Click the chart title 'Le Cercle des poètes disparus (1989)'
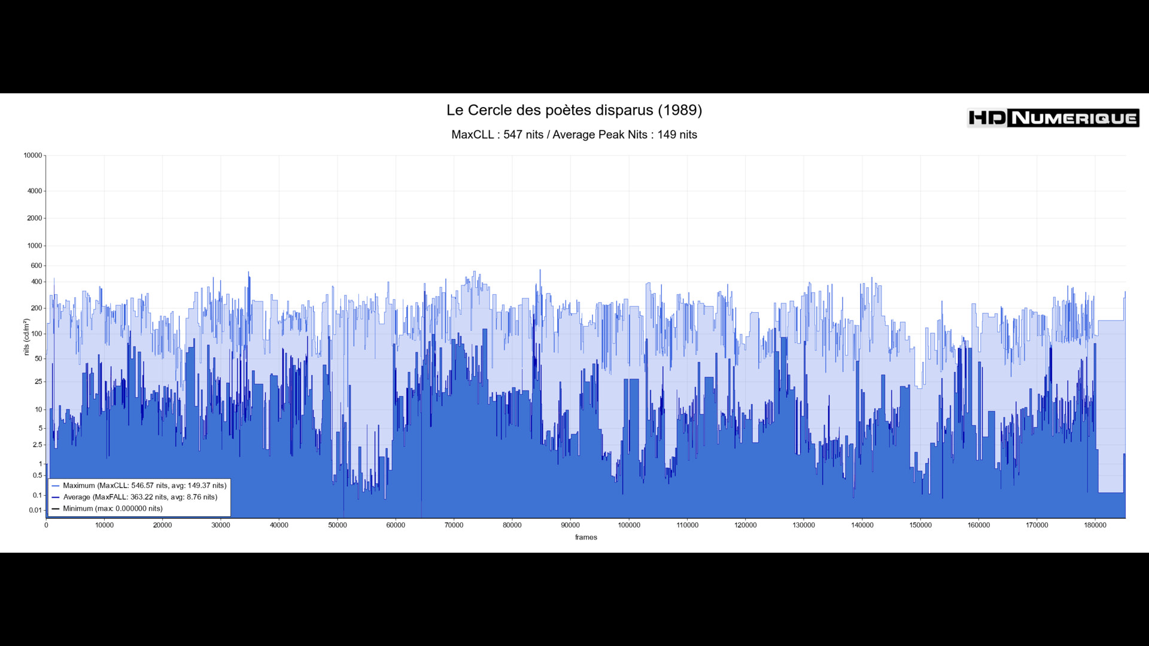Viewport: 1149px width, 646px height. [x=574, y=110]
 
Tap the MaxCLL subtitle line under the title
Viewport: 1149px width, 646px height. [x=574, y=135]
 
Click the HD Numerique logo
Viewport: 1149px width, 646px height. [x=1053, y=118]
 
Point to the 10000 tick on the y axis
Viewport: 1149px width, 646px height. [x=33, y=156]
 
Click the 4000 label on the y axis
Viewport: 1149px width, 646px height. [x=35, y=191]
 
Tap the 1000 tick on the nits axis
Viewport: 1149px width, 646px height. [x=35, y=246]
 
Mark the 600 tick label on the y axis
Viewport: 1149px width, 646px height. [x=37, y=266]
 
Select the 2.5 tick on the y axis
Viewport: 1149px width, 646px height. [x=38, y=445]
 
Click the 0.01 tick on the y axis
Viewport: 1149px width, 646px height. [x=35, y=510]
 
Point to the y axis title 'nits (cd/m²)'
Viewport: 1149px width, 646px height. [x=26, y=337]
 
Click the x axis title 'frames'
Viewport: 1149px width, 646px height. [x=586, y=537]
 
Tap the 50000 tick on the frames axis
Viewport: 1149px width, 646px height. [x=338, y=525]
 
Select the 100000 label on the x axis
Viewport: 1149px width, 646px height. [x=629, y=525]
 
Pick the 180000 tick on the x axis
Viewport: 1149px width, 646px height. [x=1095, y=525]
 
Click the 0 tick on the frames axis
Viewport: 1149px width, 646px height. [x=46, y=525]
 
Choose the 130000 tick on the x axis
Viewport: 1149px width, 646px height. [x=804, y=525]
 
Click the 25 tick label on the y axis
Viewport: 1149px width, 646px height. [x=38, y=382]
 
